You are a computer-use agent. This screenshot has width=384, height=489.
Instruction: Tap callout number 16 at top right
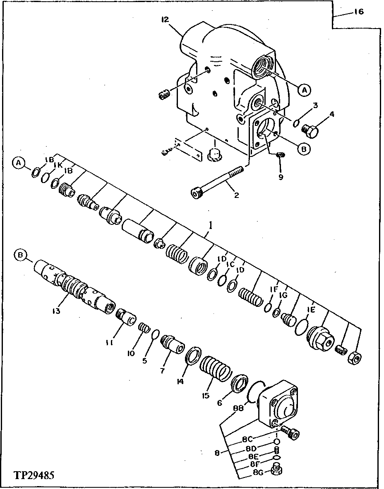click(x=358, y=12)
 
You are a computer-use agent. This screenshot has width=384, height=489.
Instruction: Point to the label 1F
click(x=273, y=290)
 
